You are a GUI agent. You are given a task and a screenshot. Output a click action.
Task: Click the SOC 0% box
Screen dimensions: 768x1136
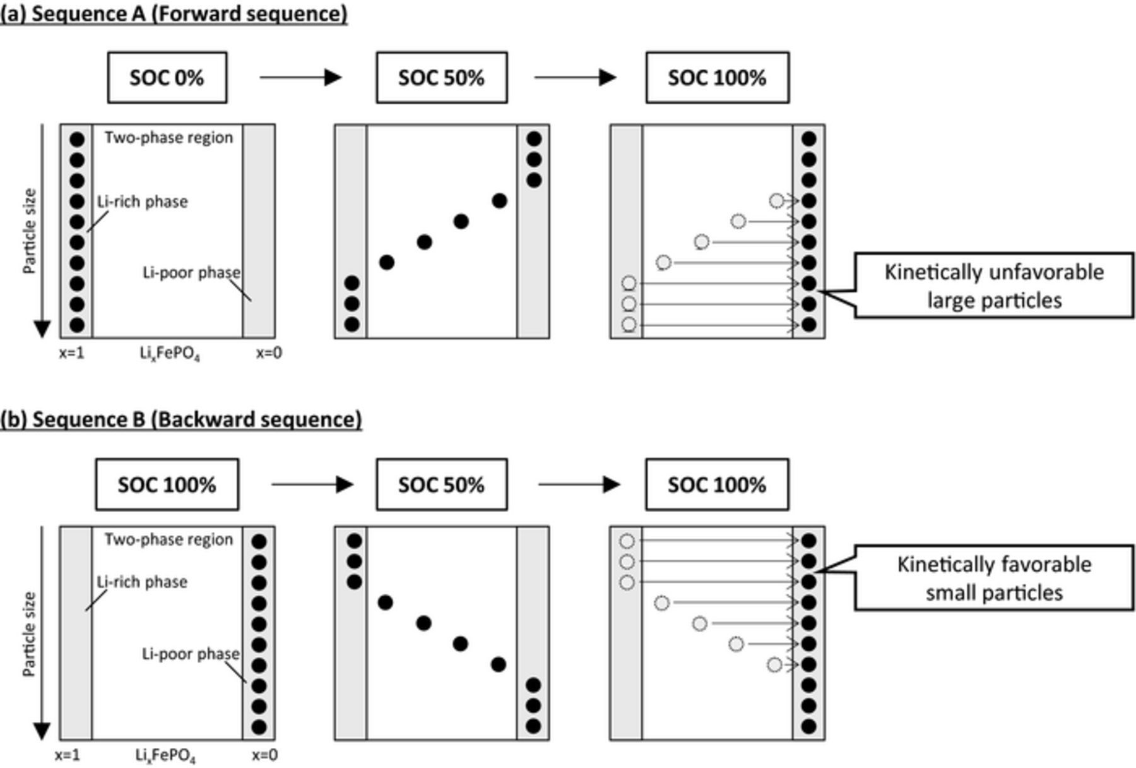pyautogui.click(x=167, y=78)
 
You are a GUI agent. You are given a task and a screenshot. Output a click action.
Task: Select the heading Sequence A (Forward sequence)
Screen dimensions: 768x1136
pyautogui.click(x=174, y=13)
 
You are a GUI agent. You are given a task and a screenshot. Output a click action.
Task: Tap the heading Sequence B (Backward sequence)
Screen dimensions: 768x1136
pyautogui.click(x=181, y=419)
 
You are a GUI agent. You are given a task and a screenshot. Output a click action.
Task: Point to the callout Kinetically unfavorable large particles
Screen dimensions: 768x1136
pyautogui.click(x=994, y=285)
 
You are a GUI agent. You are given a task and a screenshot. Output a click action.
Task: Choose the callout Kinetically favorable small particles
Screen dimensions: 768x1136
pyautogui.click(x=994, y=578)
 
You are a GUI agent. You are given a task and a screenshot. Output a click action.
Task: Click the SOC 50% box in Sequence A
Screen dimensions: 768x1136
pyautogui.click(x=442, y=78)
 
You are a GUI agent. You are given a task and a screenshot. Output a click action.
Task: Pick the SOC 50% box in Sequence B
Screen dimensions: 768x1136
pyautogui.click(x=442, y=484)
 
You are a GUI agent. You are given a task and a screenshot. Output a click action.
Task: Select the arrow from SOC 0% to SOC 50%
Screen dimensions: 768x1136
pyautogui.click(x=300, y=78)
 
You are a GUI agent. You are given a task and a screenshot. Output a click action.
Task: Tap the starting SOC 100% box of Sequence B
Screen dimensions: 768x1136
pyautogui.click(x=167, y=484)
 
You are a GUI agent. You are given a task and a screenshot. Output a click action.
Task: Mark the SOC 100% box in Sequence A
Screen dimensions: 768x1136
pyautogui.click(x=717, y=78)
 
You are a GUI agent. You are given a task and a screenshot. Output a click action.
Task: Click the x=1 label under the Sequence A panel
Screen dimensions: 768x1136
pyautogui.click(x=72, y=353)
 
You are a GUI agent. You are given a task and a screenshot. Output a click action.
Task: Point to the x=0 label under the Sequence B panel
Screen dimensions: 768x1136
pyautogui.click(x=264, y=755)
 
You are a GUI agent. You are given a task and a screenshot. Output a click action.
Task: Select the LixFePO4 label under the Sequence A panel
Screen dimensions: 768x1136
pyautogui.click(x=169, y=354)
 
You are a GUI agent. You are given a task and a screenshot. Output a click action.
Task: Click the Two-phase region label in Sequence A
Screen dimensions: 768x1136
pyautogui.click(x=169, y=138)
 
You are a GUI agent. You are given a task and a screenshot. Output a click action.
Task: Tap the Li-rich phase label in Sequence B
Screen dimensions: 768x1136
pyautogui.click(x=142, y=582)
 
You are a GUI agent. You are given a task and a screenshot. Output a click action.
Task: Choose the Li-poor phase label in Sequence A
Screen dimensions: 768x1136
pyautogui.click(x=191, y=272)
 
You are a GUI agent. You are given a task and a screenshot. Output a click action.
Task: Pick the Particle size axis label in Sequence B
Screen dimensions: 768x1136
pyautogui.click(x=29, y=634)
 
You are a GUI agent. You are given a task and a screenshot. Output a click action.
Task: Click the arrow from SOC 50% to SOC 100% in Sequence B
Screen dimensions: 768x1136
pyautogui.click(x=579, y=484)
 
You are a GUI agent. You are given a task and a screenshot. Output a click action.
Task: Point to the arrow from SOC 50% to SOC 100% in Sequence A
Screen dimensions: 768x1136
pyautogui.click(x=575, y=78)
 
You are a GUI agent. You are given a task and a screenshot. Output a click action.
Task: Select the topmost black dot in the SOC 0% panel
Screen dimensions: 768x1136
pyautogui.click(x=77, y=140)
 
